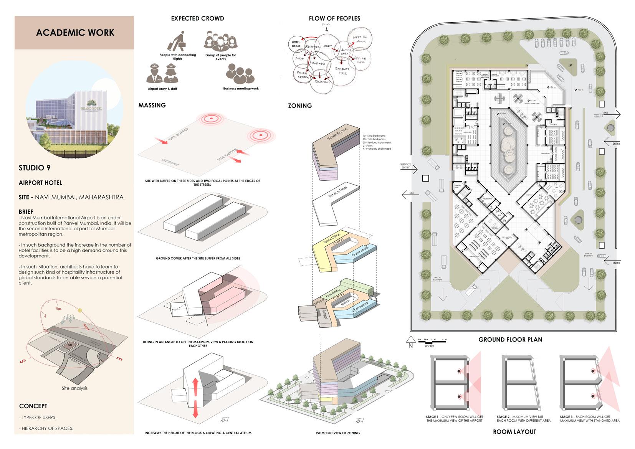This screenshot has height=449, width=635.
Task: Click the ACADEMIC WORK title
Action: pyautogui.click(x=75, y=33)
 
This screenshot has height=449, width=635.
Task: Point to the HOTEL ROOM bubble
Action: pyautogui.click(x=296, y=44)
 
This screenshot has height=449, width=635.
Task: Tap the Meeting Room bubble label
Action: pyautogui.click(x=360, y=39)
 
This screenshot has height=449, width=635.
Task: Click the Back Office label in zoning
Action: pyautogui.click(x=332, y=238)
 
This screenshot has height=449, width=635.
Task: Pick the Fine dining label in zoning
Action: pyautogui.click(x=333, y=294)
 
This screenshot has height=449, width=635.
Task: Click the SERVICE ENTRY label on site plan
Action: pyautogui.click(x=405, y=166)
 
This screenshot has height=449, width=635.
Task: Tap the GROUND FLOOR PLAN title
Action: pyautogui.click(x=510, y=340)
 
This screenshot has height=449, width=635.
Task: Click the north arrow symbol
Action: pyautogui.click(x=410, y=340)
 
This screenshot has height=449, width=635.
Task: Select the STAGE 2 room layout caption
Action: pyautogui.click(x=523, y=419)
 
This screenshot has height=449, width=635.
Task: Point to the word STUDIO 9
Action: pyautogui.click(x=35, y=168)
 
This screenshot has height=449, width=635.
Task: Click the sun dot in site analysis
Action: pyautogui.click(x=80, y=310)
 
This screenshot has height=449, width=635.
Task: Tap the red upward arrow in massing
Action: pyautogui.click(x=195, y=386)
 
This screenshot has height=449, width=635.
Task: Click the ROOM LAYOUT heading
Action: pyautogui.click(x=514, y=432)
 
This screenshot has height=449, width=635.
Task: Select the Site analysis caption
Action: pyautogui.click(x=74, y=388)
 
